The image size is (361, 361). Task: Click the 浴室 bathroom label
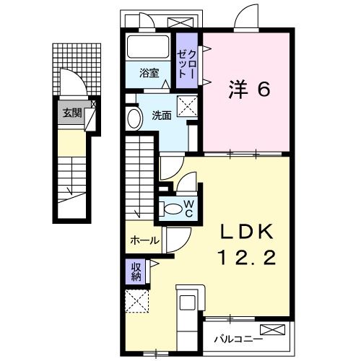pos(150,72)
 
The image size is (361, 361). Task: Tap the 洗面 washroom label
pos(162,114)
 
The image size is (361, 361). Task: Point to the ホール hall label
pos(144,240)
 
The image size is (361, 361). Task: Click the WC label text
pos(188,209)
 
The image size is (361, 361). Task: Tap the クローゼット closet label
pos(186,61)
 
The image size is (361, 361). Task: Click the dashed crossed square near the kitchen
pos(136,301)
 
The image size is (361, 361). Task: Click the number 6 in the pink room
pos(264,90)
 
